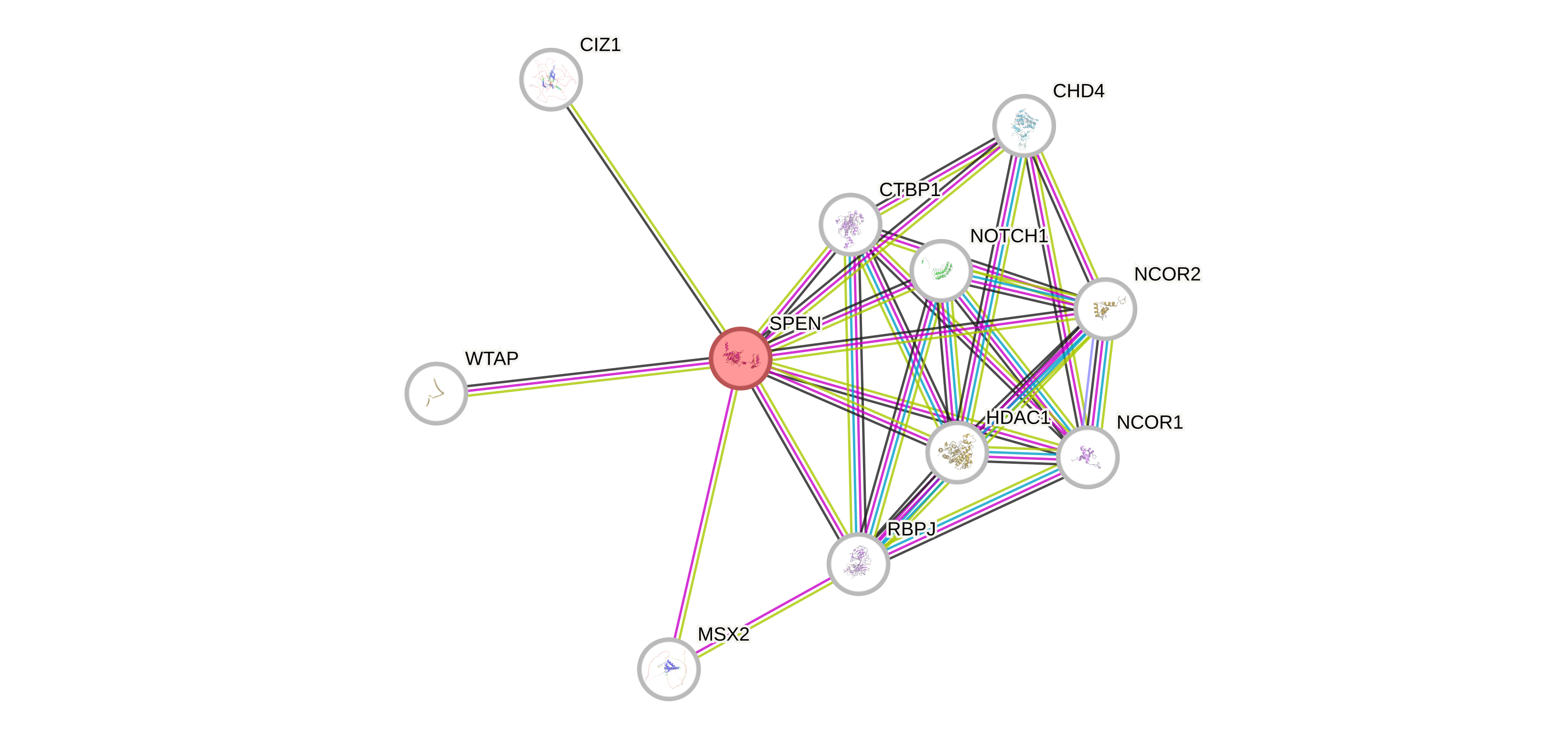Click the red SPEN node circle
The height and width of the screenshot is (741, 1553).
coord(740,359)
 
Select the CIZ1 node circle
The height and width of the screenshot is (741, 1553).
coord(550,79)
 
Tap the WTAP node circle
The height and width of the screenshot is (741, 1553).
coord(436,393)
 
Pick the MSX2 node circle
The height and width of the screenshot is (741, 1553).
coord(669,669)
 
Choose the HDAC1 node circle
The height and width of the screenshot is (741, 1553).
coord(957,452)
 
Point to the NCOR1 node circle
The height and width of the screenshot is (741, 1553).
coord(1088,457)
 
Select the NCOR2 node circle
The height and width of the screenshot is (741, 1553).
coord(1105,309)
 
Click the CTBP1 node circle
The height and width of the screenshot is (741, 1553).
coord(850,224)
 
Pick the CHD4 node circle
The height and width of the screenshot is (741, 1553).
coord(1024,125)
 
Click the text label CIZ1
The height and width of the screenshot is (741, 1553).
coord(601,44)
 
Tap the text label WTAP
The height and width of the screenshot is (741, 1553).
coord(491,359)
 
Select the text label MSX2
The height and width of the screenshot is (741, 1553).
coord(723,634)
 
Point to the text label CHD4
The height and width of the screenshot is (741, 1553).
coord(1078,91)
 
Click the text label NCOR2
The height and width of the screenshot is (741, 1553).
coord(1167,274)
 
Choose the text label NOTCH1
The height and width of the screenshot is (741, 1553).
coord(1009,236)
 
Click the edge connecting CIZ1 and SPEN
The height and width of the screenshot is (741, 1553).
coord(645,218)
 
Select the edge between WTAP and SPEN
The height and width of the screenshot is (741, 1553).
coord(588,376)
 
